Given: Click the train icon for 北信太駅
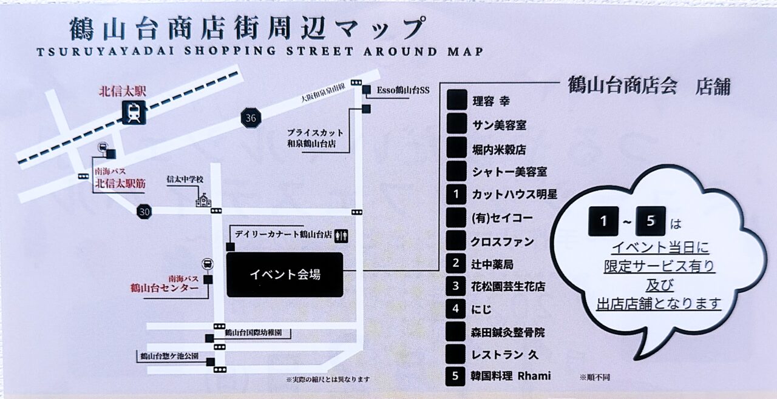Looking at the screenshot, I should pyautogui.click(x=134, y=112).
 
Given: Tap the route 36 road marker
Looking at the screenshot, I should pyautogui.click(x=251, y=118).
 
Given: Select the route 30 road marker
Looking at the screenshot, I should pyautogui.click(x=143, y=212).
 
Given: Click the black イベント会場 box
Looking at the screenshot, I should pyautogui.click(x=285, y=275).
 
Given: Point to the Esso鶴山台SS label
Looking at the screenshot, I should pyautogui.click(x=403, y=90).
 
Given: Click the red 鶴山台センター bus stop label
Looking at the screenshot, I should pyautogui.click(x=164, y=288).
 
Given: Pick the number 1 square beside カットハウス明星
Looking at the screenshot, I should pyautogui.click(x=456, y=195).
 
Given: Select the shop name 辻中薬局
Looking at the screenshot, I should pyautogui.click(x=492, y=264).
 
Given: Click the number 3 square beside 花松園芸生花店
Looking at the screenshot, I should pyautogui.click(x=456, y=286).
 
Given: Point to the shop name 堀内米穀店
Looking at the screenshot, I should pyautogui.click(x=499, y=149).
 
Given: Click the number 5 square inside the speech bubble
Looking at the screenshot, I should pyautogui.click(x=651, y=221).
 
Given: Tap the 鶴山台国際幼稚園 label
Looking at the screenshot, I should pyautogui.click(x=257, y=333).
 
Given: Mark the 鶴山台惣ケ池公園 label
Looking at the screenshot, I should pyautogui.click(x=169, y=356).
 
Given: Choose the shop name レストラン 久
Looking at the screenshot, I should pyautogui.click(x=497, y=354).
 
